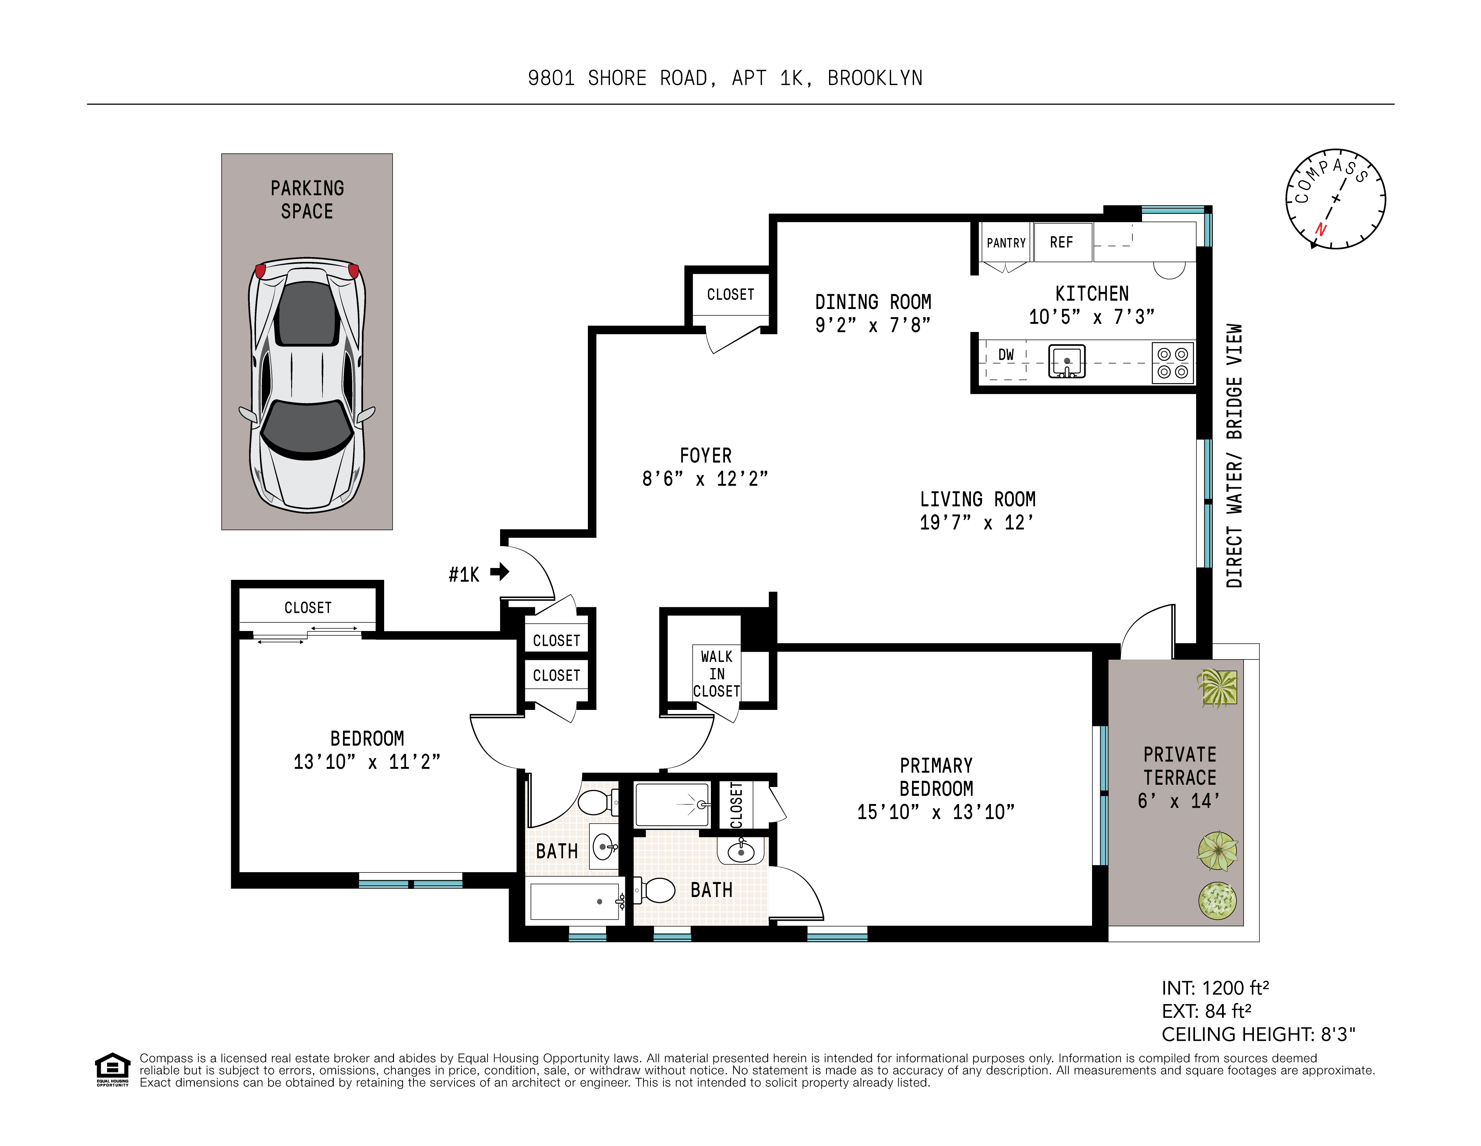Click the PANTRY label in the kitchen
coord(1006,243)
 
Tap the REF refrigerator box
coord(1061,242)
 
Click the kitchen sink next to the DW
coord(1067,361)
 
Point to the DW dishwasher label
coord(1006,355)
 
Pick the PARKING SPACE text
coord(307,199)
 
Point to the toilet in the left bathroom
coord(595,801)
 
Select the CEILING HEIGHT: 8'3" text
coord(1258,1034)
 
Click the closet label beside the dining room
coord(730,294)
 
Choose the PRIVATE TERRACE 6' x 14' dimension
coord(1179,801)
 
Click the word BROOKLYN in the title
coord(875,79)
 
